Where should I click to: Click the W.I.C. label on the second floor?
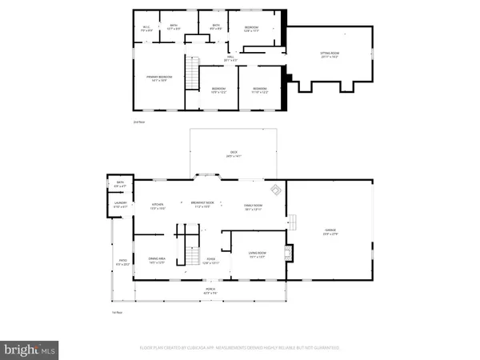[146, 29]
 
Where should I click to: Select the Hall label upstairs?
[230, 58]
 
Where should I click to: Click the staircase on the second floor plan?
[192, 75]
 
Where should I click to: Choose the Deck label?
[234, 155]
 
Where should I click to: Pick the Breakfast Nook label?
[202, 205]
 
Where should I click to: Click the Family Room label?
[254, 206]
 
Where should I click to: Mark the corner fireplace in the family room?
[274, 190]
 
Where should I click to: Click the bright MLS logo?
[30, 348]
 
